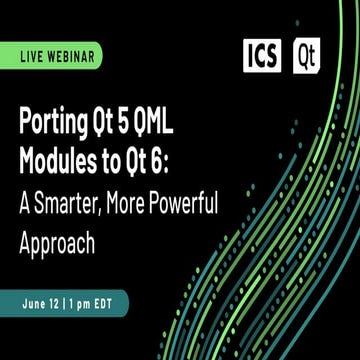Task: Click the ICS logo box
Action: [x=262, y=56]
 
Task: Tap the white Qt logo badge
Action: [x=307, y=56]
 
